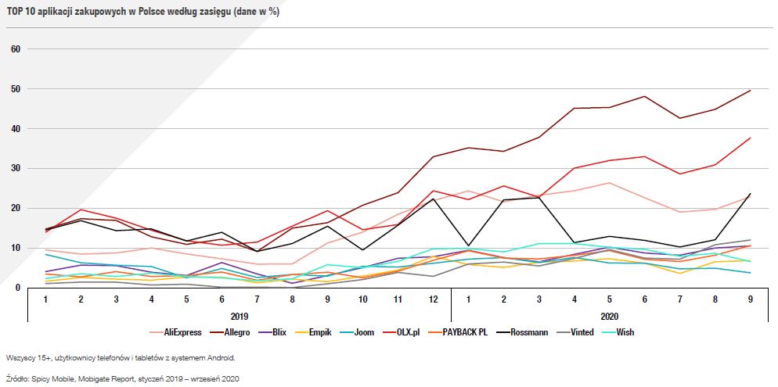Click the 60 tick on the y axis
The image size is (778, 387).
[x=15, y=49]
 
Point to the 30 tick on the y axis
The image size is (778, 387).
[x=15, y=168]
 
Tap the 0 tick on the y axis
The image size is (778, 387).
[x=17, y=288]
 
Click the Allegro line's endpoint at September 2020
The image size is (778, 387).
[x=750, y=91]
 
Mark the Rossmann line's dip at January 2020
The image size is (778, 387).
[x=467, y=245]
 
